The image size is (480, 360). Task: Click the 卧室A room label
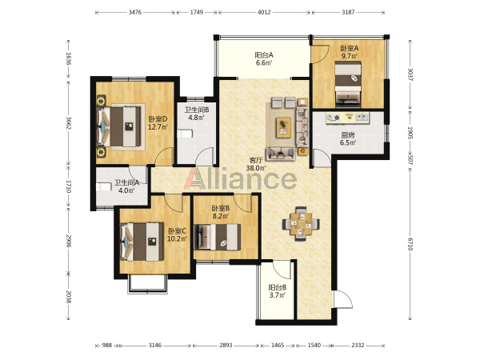pos(350,48)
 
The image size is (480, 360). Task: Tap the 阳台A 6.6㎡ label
pos(264,59)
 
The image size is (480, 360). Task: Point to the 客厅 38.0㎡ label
pos(256,164)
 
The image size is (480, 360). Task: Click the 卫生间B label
pos(197,110)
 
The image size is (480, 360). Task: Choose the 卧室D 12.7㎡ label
pos(158,122)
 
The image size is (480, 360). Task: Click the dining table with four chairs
pos(301,224)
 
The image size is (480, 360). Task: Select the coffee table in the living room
pos(284,128)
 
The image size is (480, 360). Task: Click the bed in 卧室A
pos(348,84)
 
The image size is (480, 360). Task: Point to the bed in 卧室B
pos(218,237)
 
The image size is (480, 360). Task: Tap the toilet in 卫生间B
pos(185,134)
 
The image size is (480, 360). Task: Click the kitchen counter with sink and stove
pos(347,118)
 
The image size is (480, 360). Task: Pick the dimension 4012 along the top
pos(264,12)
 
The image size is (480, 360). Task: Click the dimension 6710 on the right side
pos(410,243)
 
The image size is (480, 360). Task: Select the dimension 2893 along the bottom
pos(226,346)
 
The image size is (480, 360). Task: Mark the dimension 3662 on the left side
pos(68,122)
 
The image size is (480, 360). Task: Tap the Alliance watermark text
pos(240,178)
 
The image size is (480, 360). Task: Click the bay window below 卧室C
pos(147,285)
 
